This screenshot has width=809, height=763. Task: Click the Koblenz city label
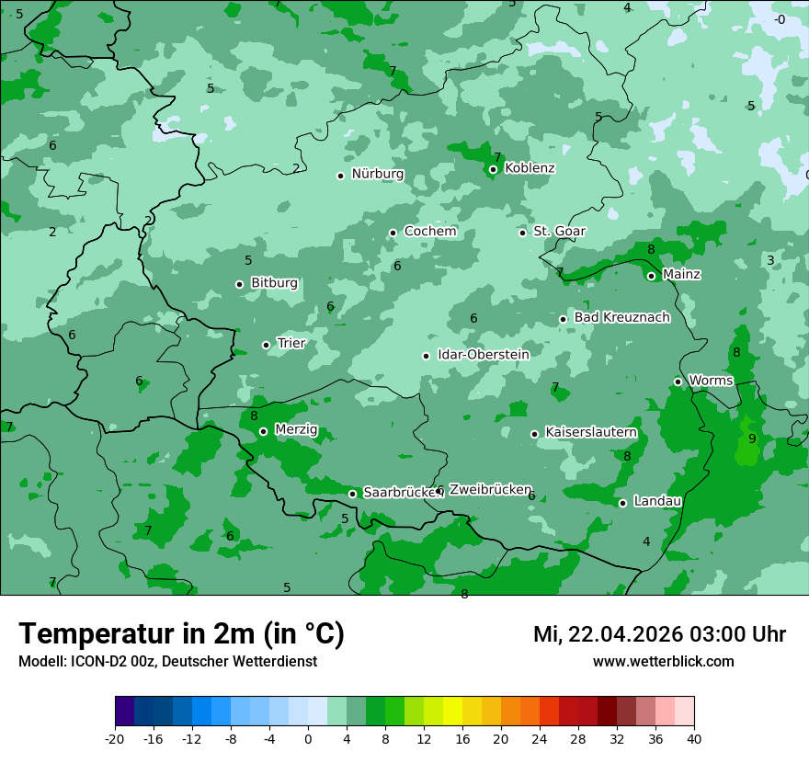tap(530, 168)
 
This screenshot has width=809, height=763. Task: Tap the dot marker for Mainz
tap(651, 276)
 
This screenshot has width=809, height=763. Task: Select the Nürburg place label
tap(377, 175)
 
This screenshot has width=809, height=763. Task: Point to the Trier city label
tap(291, 344)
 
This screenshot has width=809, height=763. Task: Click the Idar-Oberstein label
tap(484, 355)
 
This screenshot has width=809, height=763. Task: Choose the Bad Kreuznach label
tap(621, 318)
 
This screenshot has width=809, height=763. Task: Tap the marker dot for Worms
tap(678, 381)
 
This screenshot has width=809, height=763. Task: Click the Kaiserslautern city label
tap(591, 433)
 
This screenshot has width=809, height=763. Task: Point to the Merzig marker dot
tap(263, 431)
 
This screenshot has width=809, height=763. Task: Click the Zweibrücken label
tap(490, 490)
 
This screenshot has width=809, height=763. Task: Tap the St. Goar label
tap(559, 232)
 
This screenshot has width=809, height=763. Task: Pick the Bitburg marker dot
tap(239, 284)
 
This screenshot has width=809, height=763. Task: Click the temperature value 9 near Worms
tap(752, 438)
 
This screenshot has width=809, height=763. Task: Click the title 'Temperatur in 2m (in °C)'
tap(181, 634)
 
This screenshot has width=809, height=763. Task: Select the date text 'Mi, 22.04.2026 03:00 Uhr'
tap(659, 634)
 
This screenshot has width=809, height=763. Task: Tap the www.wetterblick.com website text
tap(663, 662)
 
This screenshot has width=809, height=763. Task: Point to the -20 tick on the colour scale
tap(115, 739)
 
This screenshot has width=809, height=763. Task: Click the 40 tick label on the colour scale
tap(693, 739)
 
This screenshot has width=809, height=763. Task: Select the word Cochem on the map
tap(430, 232)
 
